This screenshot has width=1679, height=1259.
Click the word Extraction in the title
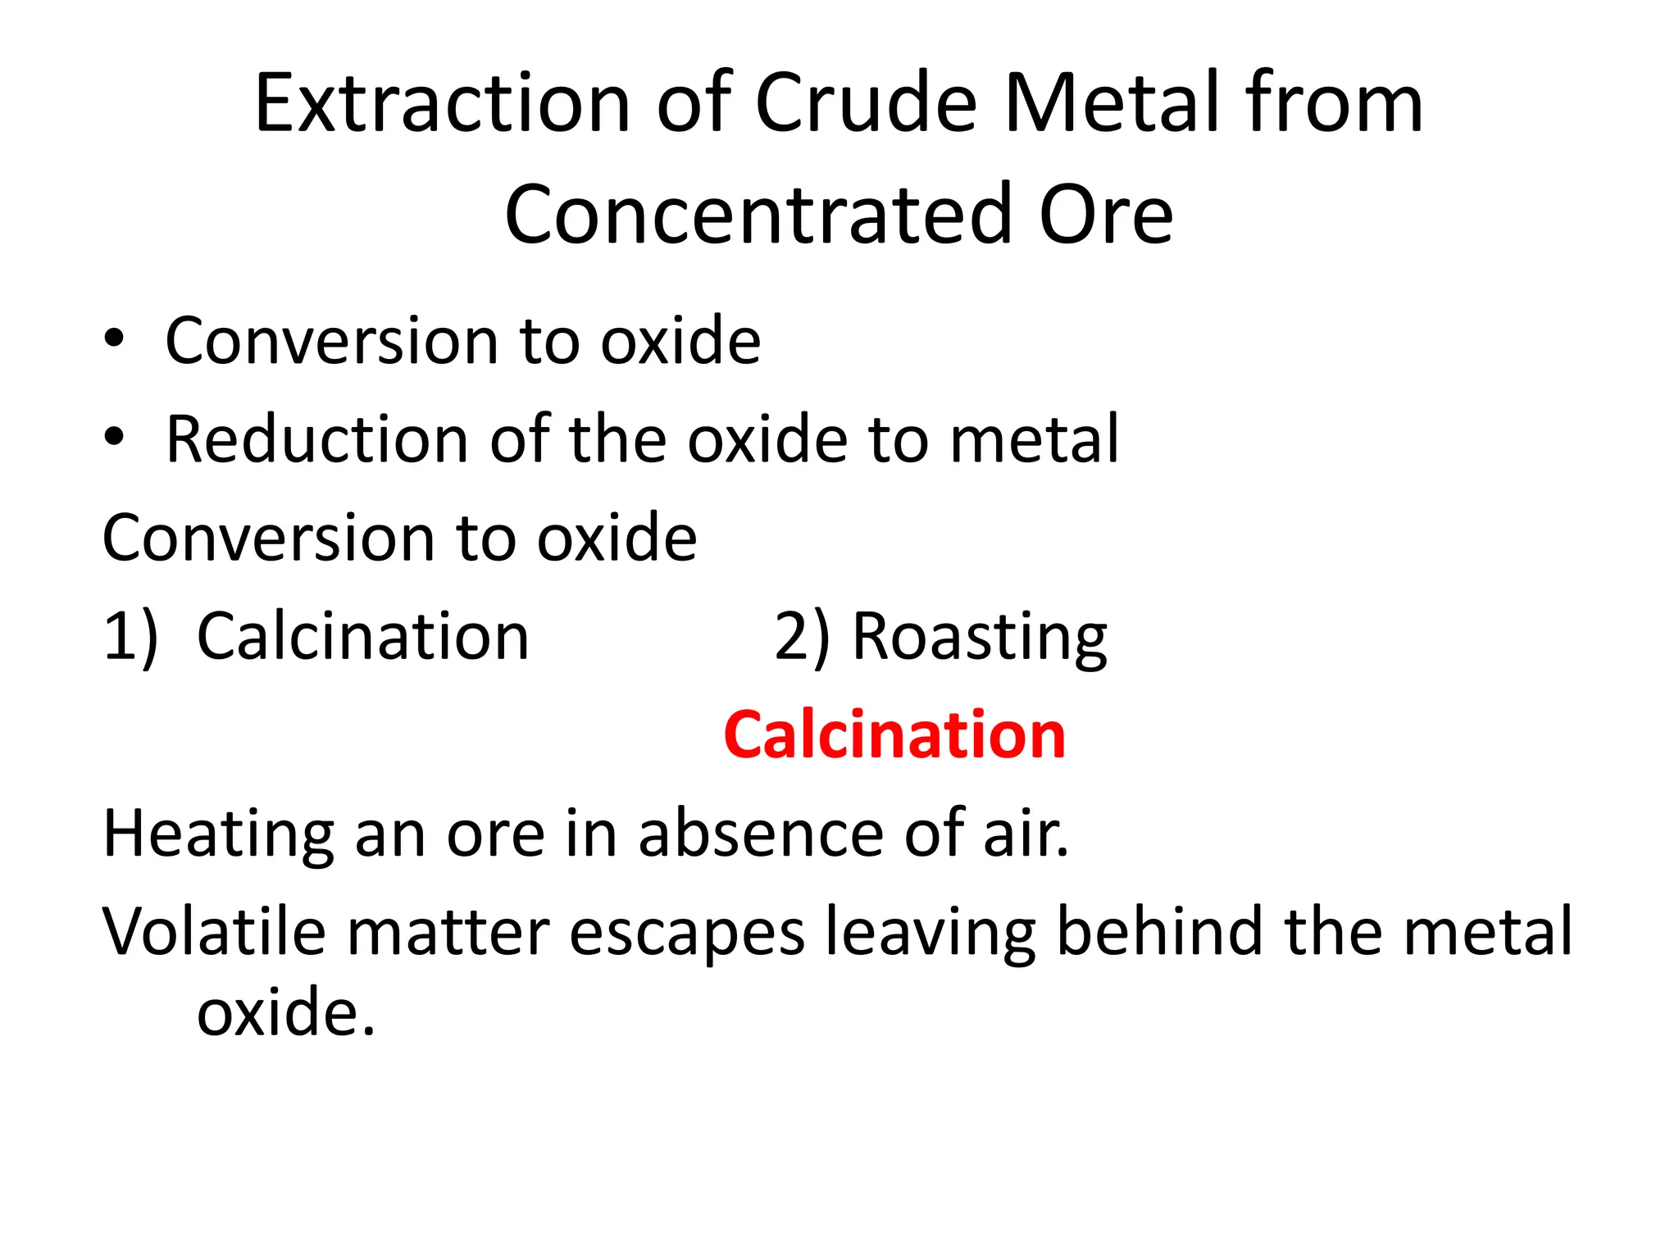[441, 103]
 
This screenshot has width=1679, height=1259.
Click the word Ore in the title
[1106, 215]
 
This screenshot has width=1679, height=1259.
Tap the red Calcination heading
[894, 734]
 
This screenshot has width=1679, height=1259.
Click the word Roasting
[980, 638]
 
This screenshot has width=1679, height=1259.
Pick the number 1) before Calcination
[130, 638]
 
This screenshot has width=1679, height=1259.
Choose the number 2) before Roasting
[802, 638]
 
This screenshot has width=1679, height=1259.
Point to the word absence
[762, 834]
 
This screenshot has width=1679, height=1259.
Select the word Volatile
[214, 932]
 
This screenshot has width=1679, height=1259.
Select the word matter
[448, 933]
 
